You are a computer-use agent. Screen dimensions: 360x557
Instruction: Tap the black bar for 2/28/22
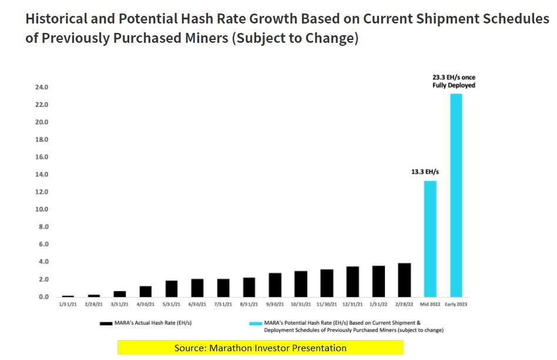pyautogui.click(x=404, y=280)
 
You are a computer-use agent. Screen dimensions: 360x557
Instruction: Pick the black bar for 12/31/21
pyautogui.click(x=353, y=282)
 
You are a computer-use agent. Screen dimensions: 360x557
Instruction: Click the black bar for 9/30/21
pyautogui.click(x=275, y=285)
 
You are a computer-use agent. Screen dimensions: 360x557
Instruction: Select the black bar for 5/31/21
pyautogui.click(x=172, y=288)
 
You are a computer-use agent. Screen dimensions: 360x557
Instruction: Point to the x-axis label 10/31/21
pyautogui.click(x=300, y=304)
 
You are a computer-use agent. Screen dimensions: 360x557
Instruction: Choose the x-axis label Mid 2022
pyautogui.click(x=430, y=304)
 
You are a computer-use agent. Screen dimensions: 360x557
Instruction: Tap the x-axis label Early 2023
pyautogui.click(x=456, y=304)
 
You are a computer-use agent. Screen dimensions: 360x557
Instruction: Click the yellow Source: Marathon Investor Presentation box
pyautogui.click(x=260, y=348)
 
